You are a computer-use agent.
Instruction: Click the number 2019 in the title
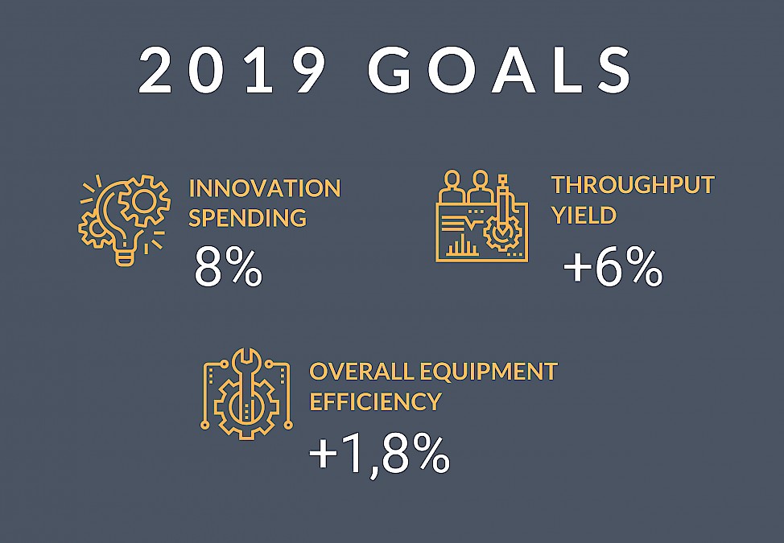232,70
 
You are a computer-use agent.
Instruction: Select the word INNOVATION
265,188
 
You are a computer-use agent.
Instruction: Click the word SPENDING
247,217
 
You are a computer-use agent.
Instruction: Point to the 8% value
229,267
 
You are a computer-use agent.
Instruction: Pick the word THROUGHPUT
633,185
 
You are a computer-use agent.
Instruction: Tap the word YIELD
584,215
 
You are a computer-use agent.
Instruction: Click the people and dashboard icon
482,216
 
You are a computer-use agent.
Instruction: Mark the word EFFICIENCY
376,401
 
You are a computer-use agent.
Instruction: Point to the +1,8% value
380,455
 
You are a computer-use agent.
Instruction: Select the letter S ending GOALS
613,70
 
